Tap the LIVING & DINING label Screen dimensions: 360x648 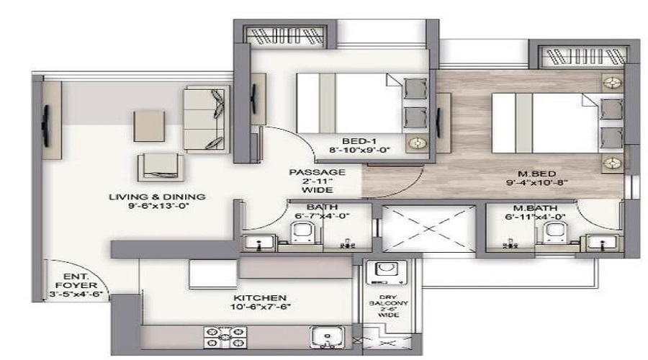point(157,197)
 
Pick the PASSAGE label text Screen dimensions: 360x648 point(317,173)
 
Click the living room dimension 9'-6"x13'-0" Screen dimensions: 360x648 point(157,207)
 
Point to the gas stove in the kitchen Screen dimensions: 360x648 point(226,336)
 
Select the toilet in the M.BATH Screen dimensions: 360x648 point(554,233)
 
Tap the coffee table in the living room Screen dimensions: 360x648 point(148,127)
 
